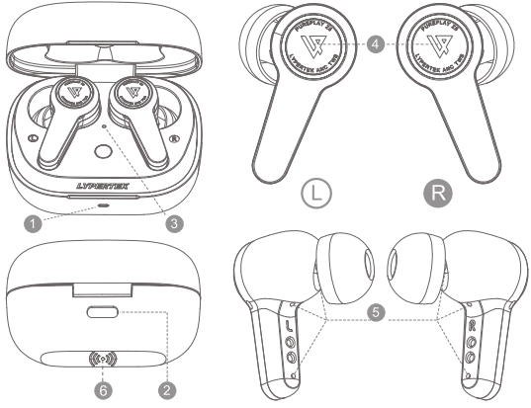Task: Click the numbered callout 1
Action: tap(33, 223)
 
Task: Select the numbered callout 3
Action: tap(174, 223)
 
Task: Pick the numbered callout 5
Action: tap(372, 308)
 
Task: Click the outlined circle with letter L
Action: tap(311, 191)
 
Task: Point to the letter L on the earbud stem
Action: tap(289, 326)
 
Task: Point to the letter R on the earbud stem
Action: tap(473, 326)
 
